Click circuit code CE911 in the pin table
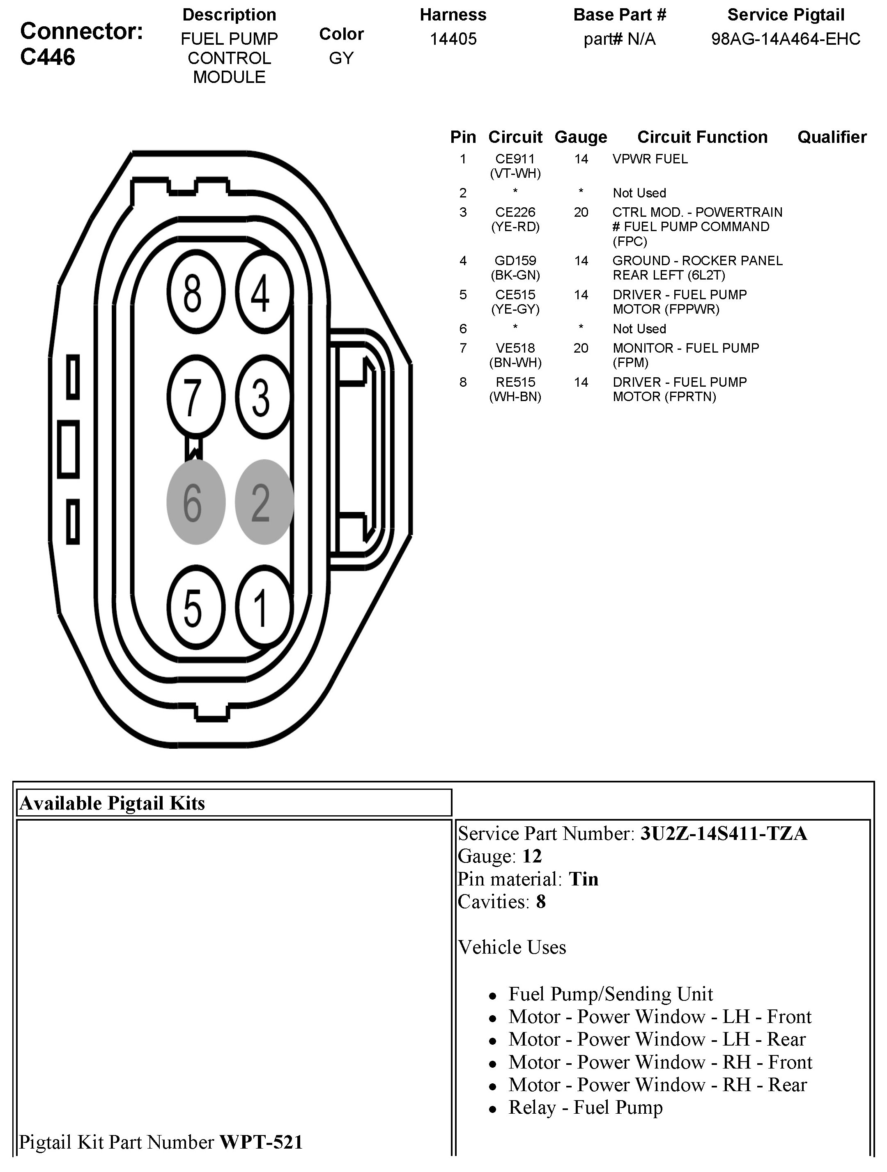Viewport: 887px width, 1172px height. tap(515, 159)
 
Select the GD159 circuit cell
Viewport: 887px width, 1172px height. tap(515, 261)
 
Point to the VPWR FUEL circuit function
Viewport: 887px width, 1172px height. tap(650, 159)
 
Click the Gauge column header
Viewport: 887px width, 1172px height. tap(581, 137)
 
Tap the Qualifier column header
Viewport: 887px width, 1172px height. tap(832, 137)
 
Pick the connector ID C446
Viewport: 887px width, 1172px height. tap(48, 57)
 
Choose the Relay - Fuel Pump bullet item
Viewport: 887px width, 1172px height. tap(585, 1108)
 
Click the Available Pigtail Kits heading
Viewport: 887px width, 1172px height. tap(113, 804)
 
